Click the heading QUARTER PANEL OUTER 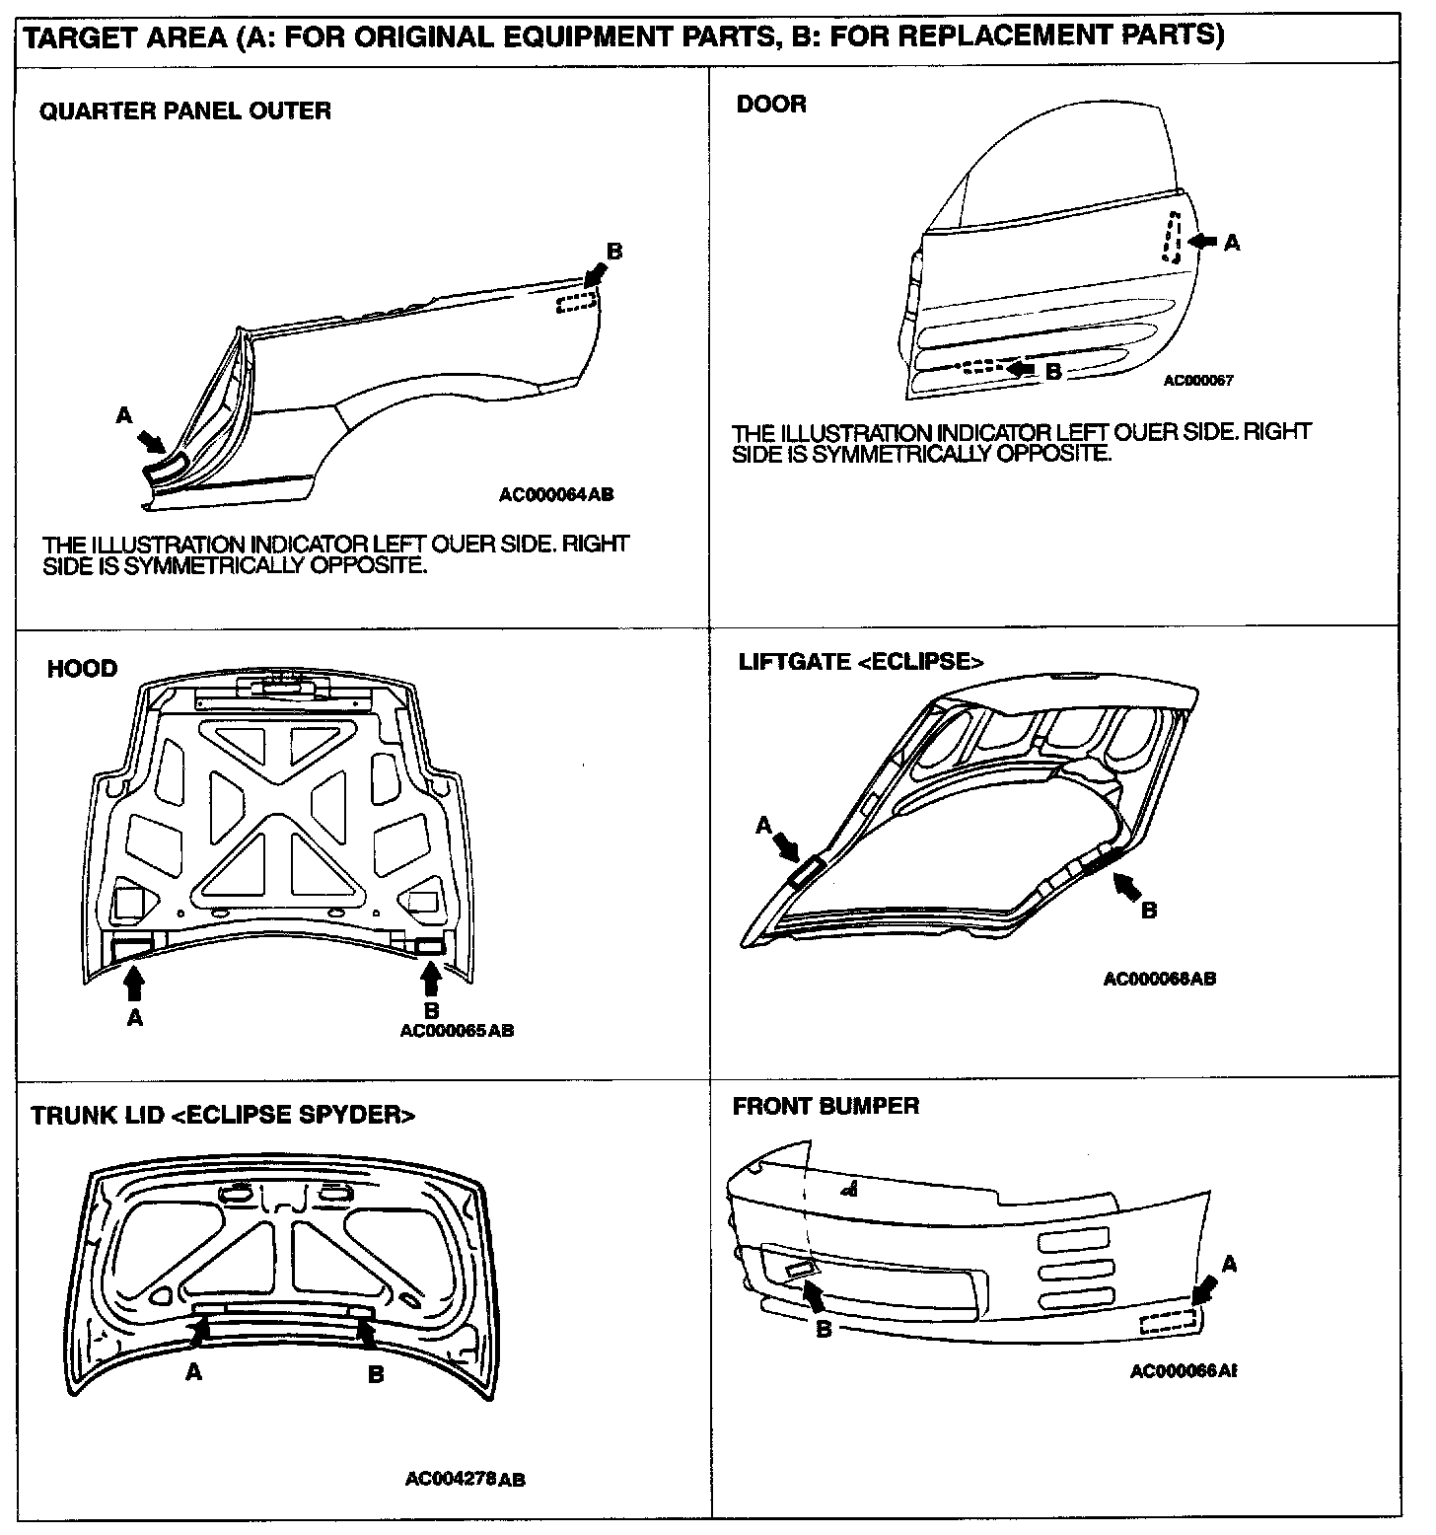185,110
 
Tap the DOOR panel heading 771,104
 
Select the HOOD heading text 82,669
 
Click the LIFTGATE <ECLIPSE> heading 861,661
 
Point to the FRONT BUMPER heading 826,1106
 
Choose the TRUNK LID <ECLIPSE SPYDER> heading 223,1115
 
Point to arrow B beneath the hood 430,979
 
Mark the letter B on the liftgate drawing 1148,911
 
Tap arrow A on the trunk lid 199,1334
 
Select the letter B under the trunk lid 376,1374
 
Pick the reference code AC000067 1197,381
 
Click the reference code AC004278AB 465,1480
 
